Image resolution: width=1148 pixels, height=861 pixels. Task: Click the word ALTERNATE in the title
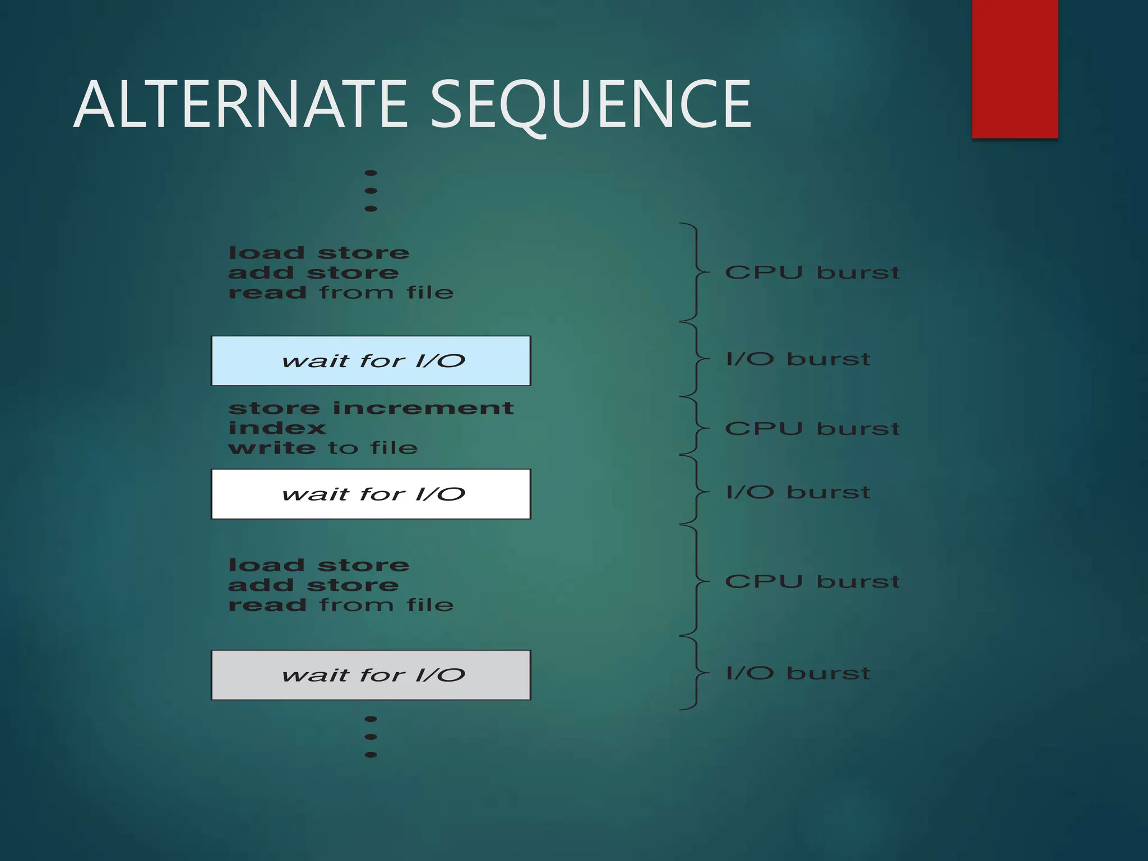(x=241, y=105)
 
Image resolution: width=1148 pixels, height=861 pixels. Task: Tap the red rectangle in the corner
(x=1015, y=68)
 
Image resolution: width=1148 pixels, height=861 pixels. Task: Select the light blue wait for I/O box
(x=371, y=361)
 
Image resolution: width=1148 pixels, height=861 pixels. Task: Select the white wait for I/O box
(x=371, y=494)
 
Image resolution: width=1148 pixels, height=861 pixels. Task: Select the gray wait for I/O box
(x=371, y=675)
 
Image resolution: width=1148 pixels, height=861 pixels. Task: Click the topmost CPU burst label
(x=812, y=273)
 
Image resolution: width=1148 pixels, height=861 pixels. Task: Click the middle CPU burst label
(x=812, y=429)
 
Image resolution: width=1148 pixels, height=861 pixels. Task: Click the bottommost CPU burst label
(x=812, y=582)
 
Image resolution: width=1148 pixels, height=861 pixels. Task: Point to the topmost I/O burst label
(x=798, y=359)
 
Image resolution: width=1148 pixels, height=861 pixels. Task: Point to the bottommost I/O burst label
(x=798, y=673)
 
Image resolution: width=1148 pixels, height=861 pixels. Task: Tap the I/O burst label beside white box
(x=798, y=492)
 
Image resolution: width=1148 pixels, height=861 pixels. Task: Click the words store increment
(x=371, y=408)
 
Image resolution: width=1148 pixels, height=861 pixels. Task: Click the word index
(x=277, y=428)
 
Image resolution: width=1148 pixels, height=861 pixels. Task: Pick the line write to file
(x=323, y=448)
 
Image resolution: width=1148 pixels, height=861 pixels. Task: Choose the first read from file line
(x=341, y=293)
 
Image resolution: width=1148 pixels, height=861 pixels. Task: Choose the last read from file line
(x=341, y=605)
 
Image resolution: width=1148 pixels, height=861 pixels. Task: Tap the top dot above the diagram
(x=371, y=173)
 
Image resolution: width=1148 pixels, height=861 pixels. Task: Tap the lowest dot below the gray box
(x=371, y=754)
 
